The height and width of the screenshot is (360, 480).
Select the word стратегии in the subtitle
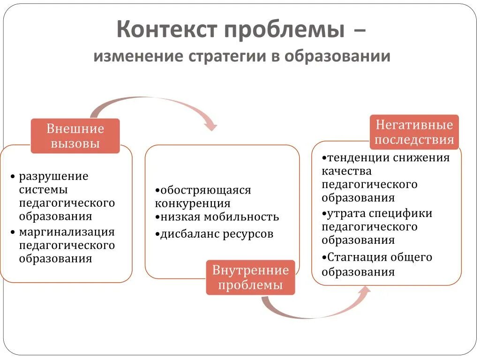coord(227,57)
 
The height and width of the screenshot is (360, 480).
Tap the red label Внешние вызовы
coord(75,135)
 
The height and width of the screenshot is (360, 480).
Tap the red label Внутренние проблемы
coord(250,277)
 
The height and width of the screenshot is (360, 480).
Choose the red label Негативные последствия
coord(414,132)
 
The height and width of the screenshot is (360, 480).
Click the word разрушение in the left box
coord(53,177)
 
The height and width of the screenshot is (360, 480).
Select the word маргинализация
coord(67,232)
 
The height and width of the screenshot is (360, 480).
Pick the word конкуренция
coord(193,203)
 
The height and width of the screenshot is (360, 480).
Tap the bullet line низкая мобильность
coord(217,217)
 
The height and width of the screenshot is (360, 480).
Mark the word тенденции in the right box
coord(360,157)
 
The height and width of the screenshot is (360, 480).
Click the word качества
coord(346,171)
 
